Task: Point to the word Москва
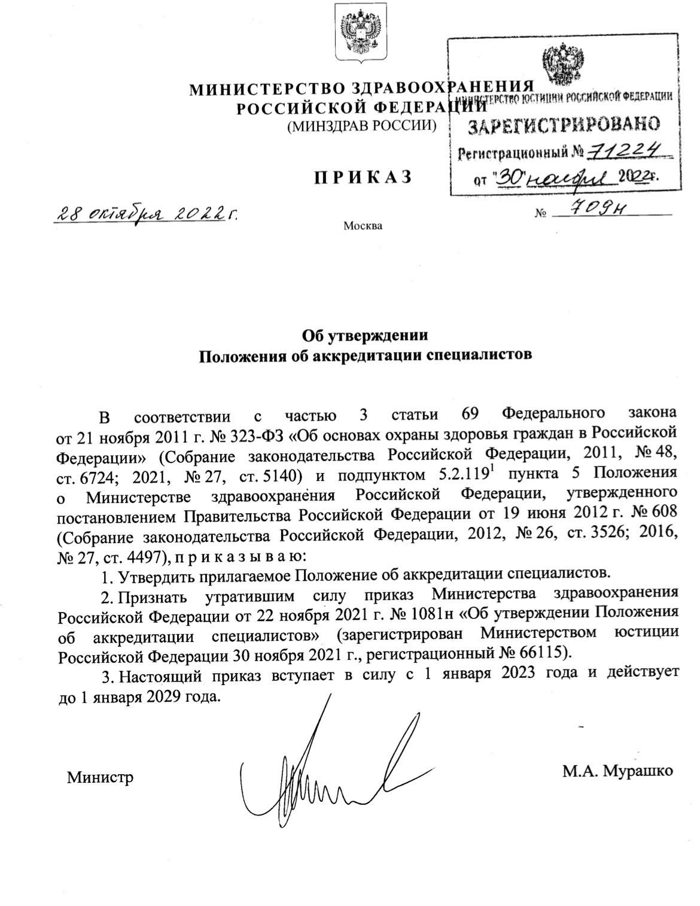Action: pyautogui.click(x=363, y=226)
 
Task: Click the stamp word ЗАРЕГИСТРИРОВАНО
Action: pyautogui.click(x=563, y=125)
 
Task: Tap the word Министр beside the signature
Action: pyautogui.click(x=100, y=777)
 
